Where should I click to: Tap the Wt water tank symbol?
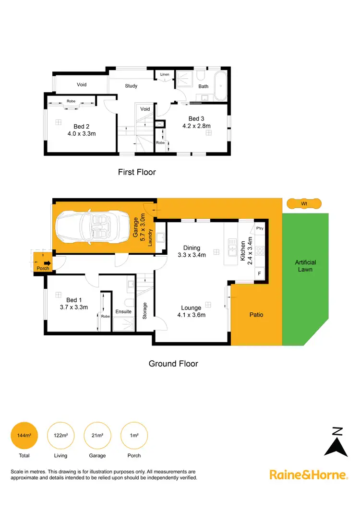[x=303, y=203]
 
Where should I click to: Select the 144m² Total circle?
[x=24, y=435]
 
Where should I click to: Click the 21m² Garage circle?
[x=97, y=435]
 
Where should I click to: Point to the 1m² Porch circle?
[x=134, y=435]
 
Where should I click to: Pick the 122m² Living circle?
[x=60, y=435]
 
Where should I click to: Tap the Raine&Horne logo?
[x=308, y=475]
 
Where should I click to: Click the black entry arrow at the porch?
[x=47, y=263]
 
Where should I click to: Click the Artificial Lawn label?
[x=305, y=266]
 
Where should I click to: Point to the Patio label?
[x=256, y=315]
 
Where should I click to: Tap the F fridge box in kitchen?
[x=260, y=273]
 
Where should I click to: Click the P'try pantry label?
[x=260, y=228]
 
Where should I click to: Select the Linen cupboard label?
[x=165, y=75]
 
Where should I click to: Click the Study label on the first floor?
[x=131, y=86]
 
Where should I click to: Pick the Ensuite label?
[x=123, y=312]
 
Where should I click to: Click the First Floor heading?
[x=137, y=172]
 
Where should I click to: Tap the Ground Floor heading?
[x=173, y=364]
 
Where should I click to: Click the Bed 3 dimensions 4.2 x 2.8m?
[x=197, y=126]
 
